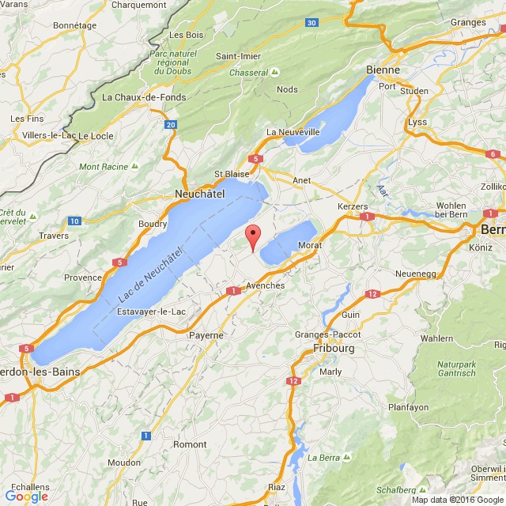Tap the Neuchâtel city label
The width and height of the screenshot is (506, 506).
pos(199,193)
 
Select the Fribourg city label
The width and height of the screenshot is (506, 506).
pos(334,348)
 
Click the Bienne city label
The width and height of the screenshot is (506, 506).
pos(383,70)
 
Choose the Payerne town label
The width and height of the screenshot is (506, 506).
pos(206,335)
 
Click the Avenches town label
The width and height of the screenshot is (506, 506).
pos(265,285)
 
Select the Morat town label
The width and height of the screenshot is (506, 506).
pos(311,245)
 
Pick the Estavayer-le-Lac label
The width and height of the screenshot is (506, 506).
pos(152,312)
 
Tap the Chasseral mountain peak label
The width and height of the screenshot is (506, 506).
pos(249,72)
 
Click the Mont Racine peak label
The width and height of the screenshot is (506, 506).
pos(104,167)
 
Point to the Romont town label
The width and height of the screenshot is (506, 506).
pos(190,445)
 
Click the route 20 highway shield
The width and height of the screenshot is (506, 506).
pos(171,125)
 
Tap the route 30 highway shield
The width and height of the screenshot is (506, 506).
pos(312,22)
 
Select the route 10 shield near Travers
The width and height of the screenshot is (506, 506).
pos(74,221)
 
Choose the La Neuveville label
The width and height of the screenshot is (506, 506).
pos(293,131)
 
